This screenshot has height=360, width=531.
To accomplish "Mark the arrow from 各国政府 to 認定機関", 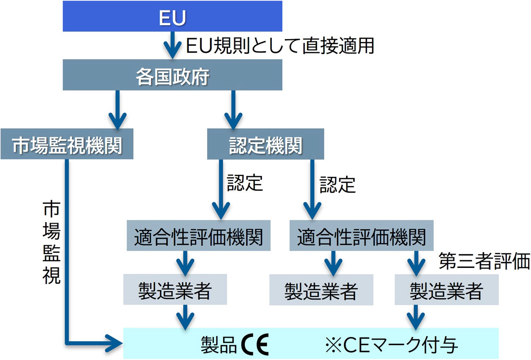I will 233,109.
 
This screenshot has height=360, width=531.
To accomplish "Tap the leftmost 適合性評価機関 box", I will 198,237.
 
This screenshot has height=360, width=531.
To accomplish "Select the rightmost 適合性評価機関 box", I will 361,237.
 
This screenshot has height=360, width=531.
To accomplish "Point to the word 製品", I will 219,344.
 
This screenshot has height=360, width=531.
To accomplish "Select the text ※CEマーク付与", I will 391,344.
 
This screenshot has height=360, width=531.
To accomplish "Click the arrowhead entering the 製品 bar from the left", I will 114,343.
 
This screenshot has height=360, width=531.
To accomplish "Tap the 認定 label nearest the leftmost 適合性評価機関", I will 245,183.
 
